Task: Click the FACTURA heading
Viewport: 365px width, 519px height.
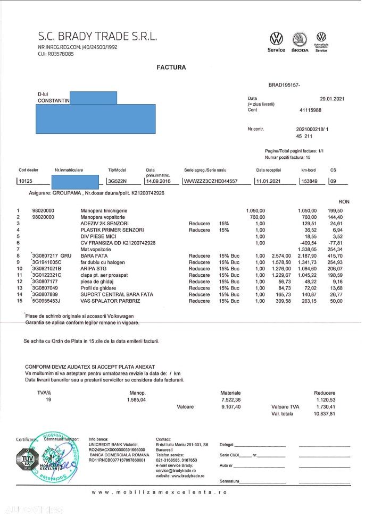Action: [x=171, y=67]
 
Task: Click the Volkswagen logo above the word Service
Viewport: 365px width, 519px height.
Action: [x=276, y=39]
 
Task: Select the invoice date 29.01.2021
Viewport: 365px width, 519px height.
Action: [x=333, y=99]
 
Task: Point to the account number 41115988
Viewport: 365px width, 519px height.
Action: [x=311, y=110]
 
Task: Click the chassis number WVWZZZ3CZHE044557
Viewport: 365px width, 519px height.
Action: [x=210, y=181]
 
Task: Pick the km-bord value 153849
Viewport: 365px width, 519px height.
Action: [x=310, y=181]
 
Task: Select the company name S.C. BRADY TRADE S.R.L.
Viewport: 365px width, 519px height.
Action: [x=97, y=37]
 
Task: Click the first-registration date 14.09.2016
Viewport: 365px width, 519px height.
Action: [x=158, y=181]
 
